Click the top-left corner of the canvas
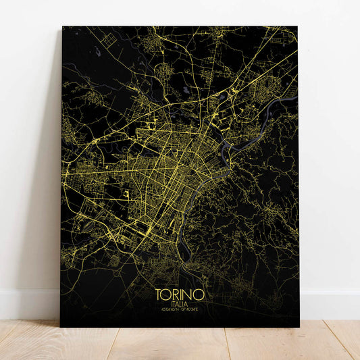[x=62, y=27]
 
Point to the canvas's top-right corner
[x=297, y=27]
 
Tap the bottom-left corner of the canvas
[x=61, y=326]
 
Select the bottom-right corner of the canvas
[x=298, y=326]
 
